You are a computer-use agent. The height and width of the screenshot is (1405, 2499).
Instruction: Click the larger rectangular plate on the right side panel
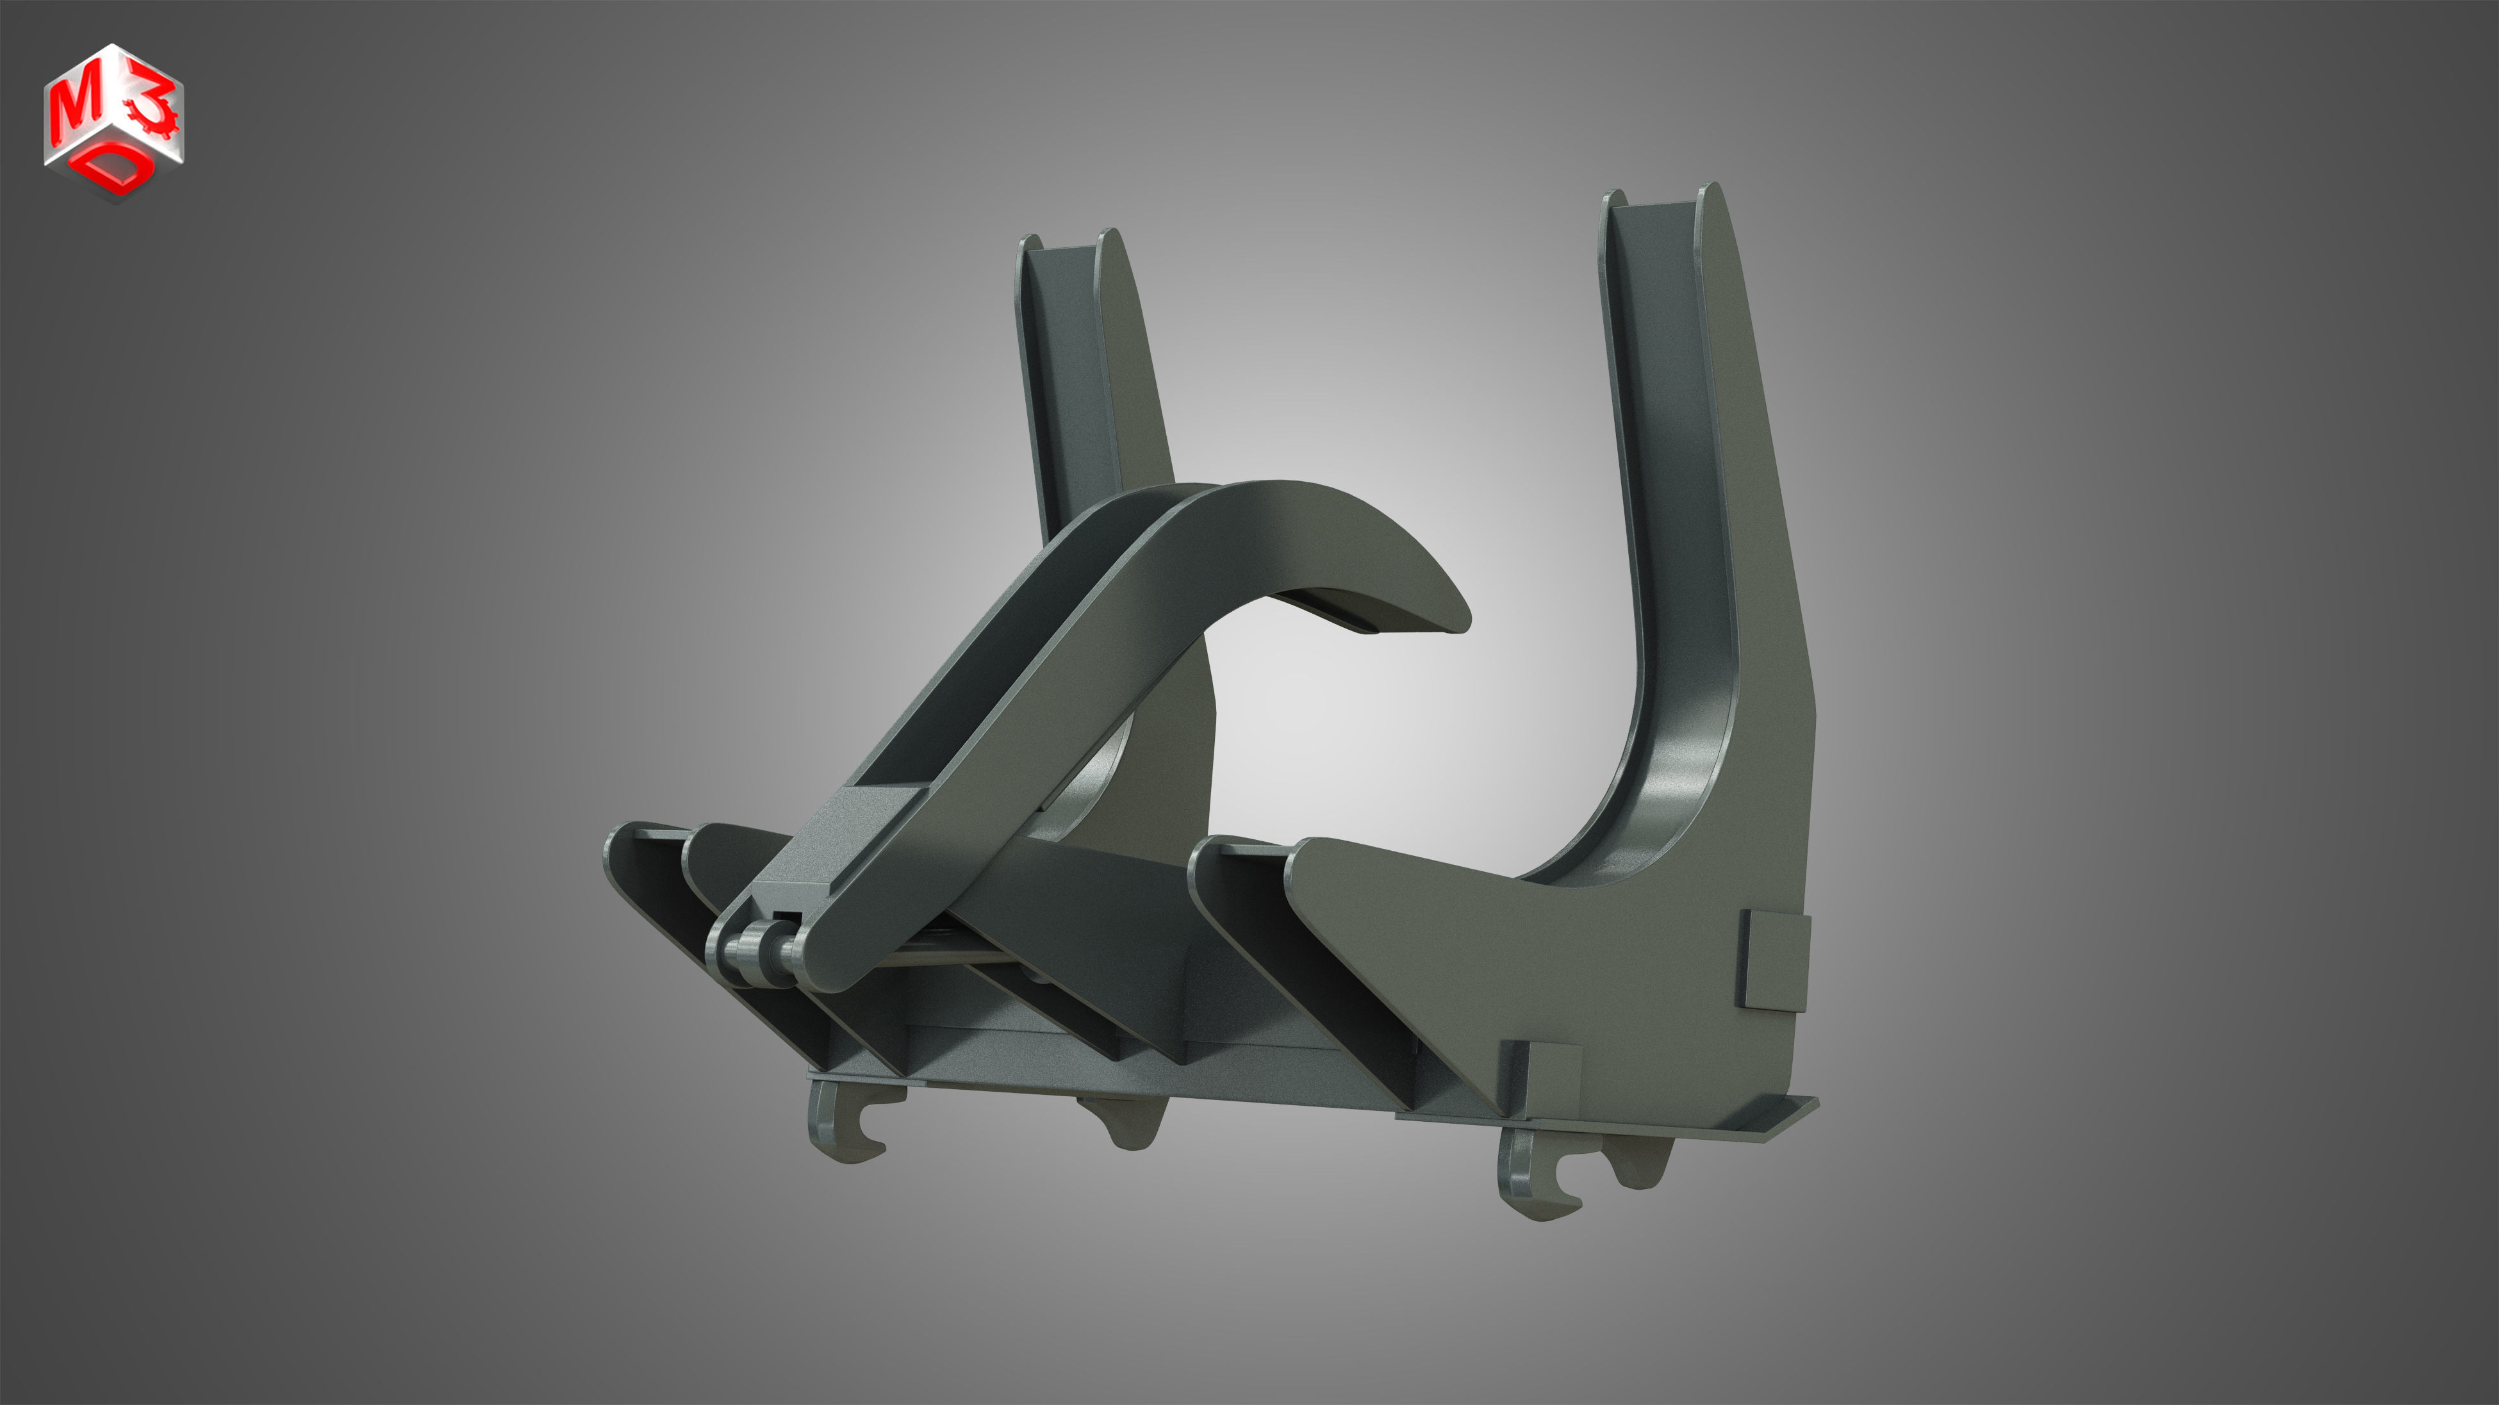coord(1774,960)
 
